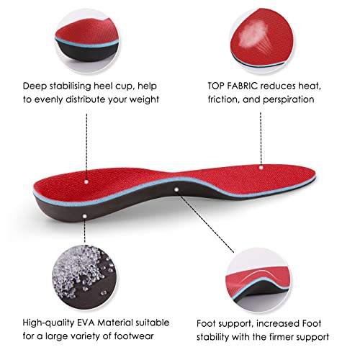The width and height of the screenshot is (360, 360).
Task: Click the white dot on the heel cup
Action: pos(86,181)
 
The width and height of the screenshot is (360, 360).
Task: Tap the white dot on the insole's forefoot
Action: pos(261,168)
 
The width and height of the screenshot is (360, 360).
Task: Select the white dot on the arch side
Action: pos(176,189)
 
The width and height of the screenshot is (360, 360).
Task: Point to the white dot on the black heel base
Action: pos(84,216)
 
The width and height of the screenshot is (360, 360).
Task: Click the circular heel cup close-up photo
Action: pos(87,41)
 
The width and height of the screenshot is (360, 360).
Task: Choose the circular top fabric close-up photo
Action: pos(262,40)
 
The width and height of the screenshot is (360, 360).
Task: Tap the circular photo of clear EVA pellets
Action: pos(84,277)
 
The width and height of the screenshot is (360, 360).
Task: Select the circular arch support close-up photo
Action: pos(258,280)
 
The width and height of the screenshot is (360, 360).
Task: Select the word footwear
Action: pos(134,336)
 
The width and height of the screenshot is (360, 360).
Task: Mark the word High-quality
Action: pos(49,323)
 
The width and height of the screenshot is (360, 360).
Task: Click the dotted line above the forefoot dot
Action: pos(261,138)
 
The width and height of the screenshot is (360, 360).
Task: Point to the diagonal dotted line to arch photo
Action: pos(207,224)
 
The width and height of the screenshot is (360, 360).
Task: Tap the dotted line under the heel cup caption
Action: pos(86,146)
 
